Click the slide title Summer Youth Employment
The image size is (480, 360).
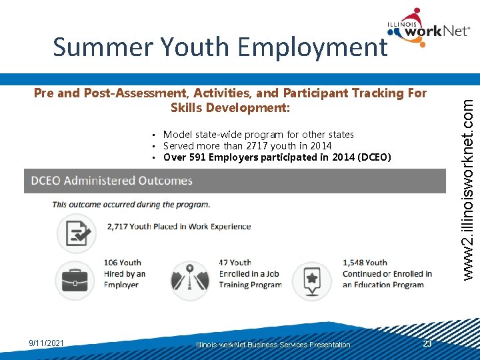[220, 47]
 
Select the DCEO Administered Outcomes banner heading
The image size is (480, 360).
[112, 181]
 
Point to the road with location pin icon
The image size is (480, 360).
[190, 279]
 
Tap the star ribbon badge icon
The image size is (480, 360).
[312, 279]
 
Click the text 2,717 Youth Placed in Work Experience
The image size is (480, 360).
[179, 227]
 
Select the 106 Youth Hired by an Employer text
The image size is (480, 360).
[125, 273]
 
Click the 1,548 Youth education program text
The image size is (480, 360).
[387, 273]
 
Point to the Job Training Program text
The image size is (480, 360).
[250, 273]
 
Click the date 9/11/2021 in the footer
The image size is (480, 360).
[46, 343]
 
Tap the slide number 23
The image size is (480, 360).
[427, 343]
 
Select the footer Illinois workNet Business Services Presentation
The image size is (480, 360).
[273, 345]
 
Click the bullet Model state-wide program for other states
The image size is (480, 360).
[258, 135]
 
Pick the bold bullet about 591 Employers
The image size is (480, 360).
[277, 157]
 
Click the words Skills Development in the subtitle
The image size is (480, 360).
[230, 108]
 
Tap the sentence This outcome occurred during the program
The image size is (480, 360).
[131, 205]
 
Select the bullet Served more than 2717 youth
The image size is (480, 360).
[247, 146]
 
